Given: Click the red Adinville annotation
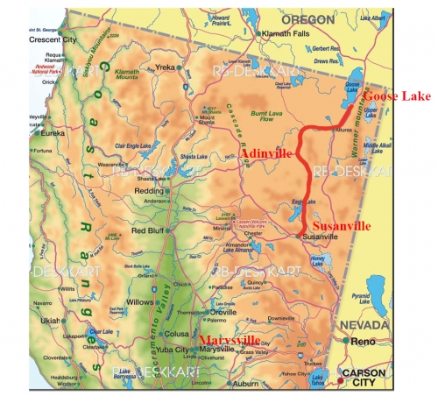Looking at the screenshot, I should click(266, 154).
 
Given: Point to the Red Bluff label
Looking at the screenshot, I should click(148, 230).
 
